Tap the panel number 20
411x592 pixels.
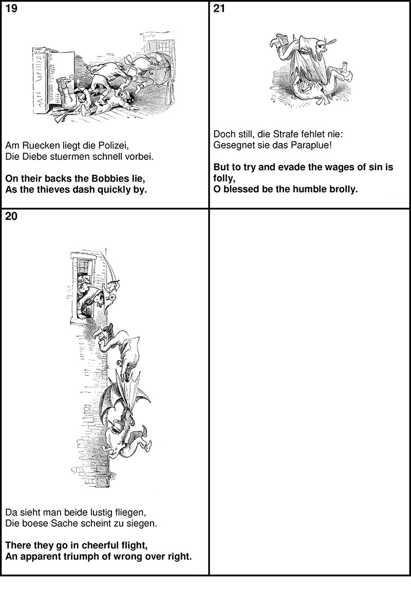point(11,217)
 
